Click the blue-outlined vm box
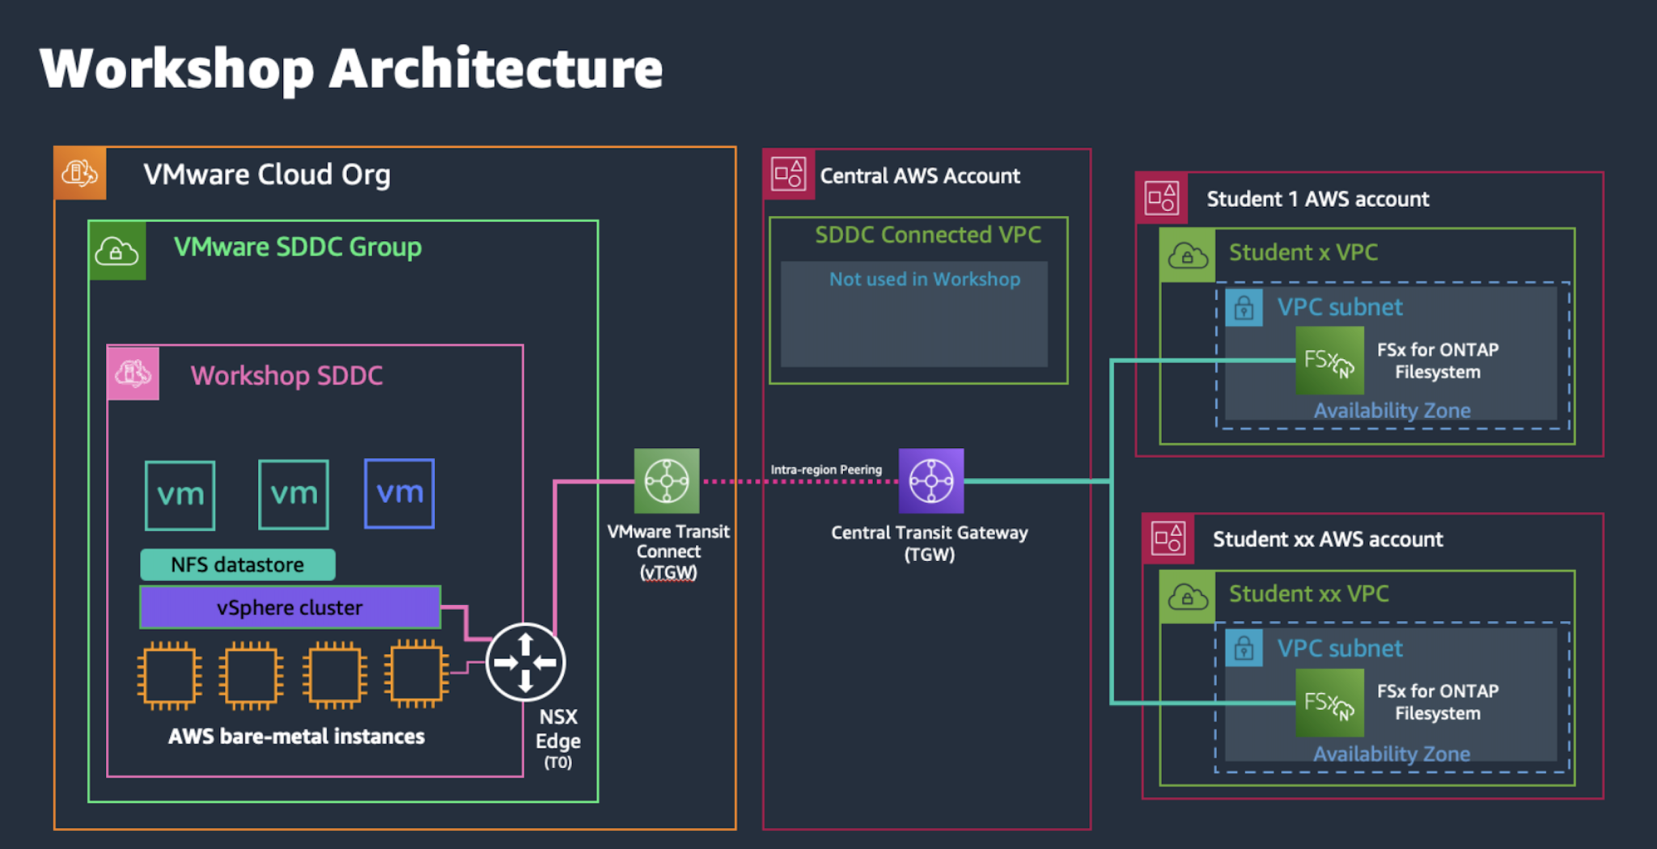click(399, 493)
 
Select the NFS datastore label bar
click(237, 564)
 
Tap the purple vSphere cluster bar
click(290, 607)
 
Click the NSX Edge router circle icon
click(525, 662)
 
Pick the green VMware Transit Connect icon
click(667, 481)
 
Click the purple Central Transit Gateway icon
click(931, 481)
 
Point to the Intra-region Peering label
click(825, 470)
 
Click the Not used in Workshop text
click(924, 279)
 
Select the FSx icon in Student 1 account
click(1329, 361)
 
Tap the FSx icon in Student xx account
click(1329, 703)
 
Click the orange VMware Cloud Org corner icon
click(80, 173)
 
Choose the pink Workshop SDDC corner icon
click(133, 374)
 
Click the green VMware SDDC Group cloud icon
click(117, 251)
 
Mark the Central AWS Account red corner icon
click(789, 174)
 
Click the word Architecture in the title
click(495, 69)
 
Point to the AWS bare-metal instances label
click(296, 737)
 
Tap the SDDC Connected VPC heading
click(927, 234)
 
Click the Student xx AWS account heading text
click(1327, 539)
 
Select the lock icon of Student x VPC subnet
click(1244, 308)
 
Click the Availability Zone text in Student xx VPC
click(1391, 754)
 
